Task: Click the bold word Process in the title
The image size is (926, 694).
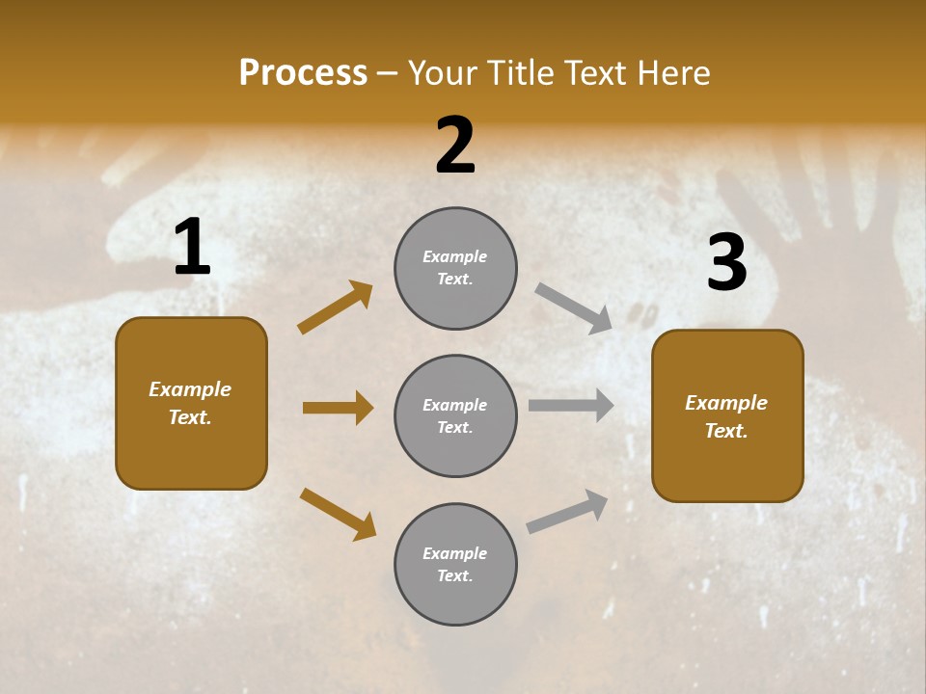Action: [x=303, y=73]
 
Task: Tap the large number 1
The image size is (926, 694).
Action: [x=192, y=248]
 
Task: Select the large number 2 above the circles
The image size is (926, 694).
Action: [x=455, y=146]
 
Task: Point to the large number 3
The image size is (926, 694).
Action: [x=726, y=263]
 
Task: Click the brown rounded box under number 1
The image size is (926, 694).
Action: [x=191, y=403]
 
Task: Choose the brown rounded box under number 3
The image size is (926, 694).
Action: [x=727, y=416]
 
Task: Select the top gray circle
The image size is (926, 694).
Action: [x=455, y=268]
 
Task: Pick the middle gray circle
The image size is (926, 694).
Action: [x=455, y=415]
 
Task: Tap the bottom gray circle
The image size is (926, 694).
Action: [x=455, y=564]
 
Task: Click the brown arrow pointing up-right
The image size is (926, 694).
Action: [x=335, y=307]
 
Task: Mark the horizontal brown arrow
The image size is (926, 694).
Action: [x=338, y=408]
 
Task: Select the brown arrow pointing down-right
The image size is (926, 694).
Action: [x=338, y=514]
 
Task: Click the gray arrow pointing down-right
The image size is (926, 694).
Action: [x=573, y=308]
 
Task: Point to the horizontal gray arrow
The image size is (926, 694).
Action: [x=570, y=405]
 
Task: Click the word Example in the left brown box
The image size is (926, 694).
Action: [x=190, y=389]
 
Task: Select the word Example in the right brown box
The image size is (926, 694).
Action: [x=726, y=403]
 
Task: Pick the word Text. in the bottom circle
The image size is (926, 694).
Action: [x=455, y=575]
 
